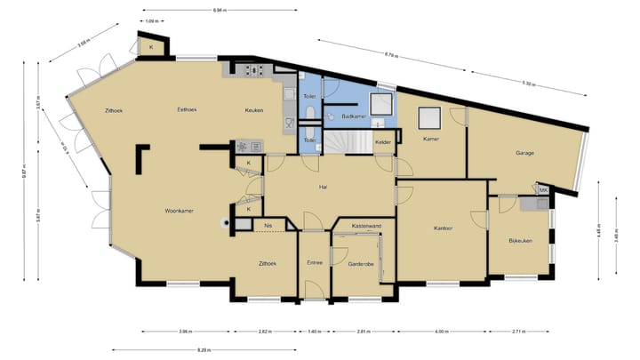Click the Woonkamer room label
pos(179,211)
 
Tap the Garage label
pos(524,153)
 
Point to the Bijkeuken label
pos(520,241)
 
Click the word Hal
pos(324,187)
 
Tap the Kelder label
pos(383,142)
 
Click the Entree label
pos(315,263)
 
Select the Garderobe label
pos(360,263)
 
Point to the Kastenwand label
pos(366,226)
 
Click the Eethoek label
pos(187,109)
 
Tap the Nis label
pos(268,226)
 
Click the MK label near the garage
pos(544,189)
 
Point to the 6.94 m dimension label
pos(219,11)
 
